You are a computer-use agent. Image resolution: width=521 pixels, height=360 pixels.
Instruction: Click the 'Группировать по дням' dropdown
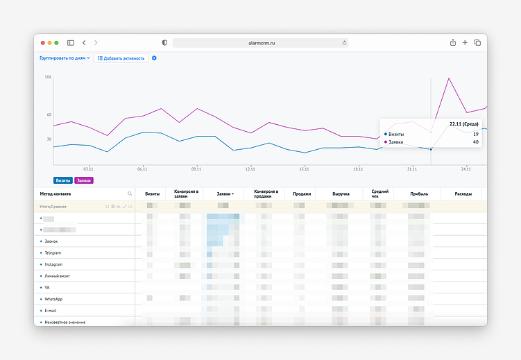(65, 58)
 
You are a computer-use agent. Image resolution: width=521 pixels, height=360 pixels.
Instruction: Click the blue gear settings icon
(154, 58)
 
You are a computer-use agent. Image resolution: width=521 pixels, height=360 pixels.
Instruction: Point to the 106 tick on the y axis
(48, 77)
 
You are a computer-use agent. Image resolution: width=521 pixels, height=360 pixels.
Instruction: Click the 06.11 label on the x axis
(142, 169)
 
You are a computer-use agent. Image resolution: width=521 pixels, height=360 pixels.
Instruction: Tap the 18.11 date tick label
(357, 169)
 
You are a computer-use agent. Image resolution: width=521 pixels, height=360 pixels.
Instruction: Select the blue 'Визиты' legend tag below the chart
(63, 180)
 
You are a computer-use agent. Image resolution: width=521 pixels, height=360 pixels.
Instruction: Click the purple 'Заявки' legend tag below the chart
(84, 180)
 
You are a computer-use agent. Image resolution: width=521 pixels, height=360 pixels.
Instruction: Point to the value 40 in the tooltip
(475, 142)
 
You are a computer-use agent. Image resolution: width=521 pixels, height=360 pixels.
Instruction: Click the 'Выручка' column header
(341, 194)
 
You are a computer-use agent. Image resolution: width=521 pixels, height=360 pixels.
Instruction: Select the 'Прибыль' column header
(419, 194)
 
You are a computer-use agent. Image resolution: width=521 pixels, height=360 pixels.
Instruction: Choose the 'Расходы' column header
(463, 194)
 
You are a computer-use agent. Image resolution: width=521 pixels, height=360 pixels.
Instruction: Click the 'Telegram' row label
(53, 252)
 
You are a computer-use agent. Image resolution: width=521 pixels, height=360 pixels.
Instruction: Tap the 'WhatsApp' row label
(53, 298)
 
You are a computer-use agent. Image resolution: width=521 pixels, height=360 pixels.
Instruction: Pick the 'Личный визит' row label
(58, 275)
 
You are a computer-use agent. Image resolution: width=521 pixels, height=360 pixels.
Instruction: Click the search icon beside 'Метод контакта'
(130, 194)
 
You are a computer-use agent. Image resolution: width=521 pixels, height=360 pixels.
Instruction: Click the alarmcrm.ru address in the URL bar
(260, 43)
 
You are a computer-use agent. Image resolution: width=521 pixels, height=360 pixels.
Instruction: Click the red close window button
(42, 43)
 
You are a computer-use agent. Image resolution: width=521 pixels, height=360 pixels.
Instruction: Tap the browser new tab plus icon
(465, 43)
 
